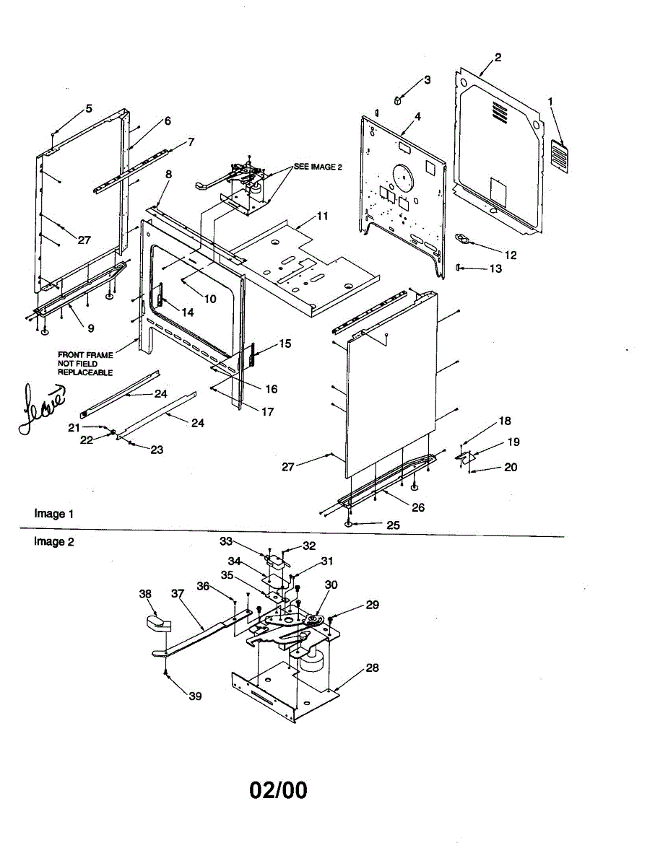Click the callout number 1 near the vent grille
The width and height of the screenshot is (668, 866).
(x=551, y=102)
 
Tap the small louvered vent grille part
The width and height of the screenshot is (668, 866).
(x=559, y=156)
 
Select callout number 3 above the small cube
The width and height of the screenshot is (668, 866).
(x=427, y=79)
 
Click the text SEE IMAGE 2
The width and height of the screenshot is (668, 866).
(x=317, y=167)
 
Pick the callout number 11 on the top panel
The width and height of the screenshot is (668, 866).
(x=322, y=216)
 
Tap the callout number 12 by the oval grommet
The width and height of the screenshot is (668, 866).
(x=511, y=255)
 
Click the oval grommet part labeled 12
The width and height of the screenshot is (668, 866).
(x=462, y=239)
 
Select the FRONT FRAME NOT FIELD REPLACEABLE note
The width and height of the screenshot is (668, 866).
(x=85, y=364)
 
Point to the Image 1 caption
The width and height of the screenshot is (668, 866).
(x=54, y=514)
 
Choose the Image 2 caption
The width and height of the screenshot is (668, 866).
(x=54, y=541)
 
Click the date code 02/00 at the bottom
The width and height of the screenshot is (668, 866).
(x=278, y=790)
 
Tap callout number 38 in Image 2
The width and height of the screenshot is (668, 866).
(x=145, y=594)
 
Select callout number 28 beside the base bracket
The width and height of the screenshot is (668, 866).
(x=372, y=668)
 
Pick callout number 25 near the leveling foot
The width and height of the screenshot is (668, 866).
(x=393, y=525)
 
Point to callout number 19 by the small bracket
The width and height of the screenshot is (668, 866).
(x=513, y=442)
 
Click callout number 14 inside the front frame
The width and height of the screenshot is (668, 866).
(x=188, y=312)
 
